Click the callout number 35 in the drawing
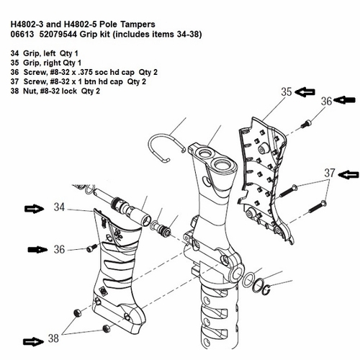(x=287, y=92)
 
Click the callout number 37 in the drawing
(x=329, y=173)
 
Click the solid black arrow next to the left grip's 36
(x=36, y=249)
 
